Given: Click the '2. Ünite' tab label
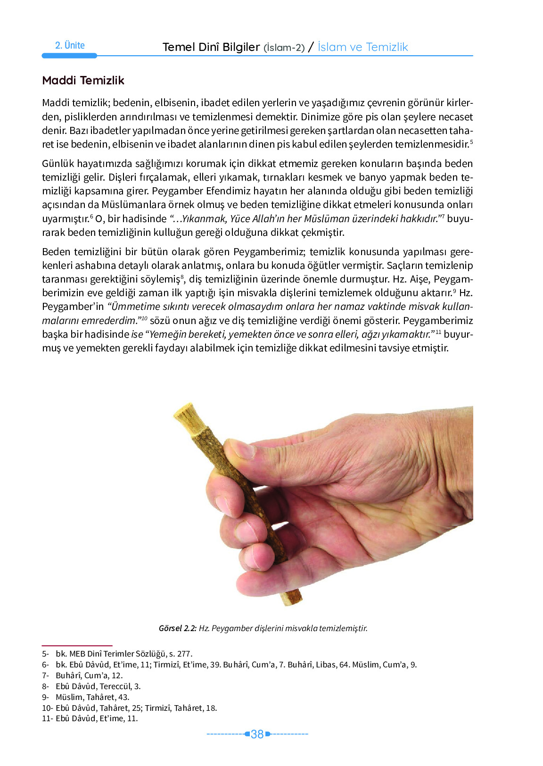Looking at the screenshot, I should point(70,45).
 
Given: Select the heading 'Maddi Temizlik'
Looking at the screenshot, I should point(83,80).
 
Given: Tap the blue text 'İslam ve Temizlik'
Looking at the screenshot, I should point(362,47).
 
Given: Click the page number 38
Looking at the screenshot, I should point(257,734).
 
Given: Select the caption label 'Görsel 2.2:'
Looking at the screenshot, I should point(177,628).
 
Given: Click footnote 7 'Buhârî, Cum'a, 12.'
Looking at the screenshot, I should point(89,675).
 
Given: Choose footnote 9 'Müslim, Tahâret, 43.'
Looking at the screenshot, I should point(92,697).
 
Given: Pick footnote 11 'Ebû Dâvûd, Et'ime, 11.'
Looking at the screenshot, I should point(97,718).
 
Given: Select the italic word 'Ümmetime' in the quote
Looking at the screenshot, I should point(133,307).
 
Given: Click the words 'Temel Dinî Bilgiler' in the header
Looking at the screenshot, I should point(211,47).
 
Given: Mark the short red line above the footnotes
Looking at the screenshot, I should point(77,645).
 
